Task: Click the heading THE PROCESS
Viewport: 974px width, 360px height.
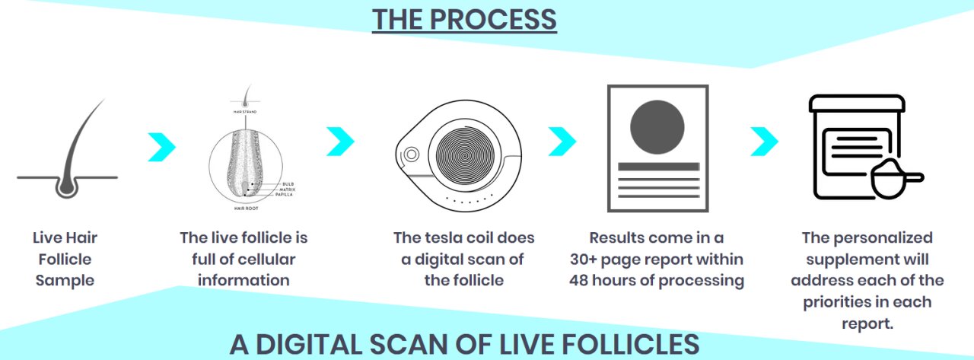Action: tap(464, 20)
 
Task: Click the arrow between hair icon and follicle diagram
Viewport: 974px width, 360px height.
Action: tap(161, 147)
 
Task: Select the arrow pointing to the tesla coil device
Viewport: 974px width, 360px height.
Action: tap(340, 140)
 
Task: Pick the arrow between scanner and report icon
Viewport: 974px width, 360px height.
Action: tap(562, 140)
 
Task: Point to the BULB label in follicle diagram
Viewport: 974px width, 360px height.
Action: tap(288, 184)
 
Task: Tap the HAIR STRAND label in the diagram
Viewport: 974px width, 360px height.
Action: tap(244, 112)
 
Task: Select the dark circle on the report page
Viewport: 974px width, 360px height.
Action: tap(657, 125)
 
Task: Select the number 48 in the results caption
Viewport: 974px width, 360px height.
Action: tap(583, 280)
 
